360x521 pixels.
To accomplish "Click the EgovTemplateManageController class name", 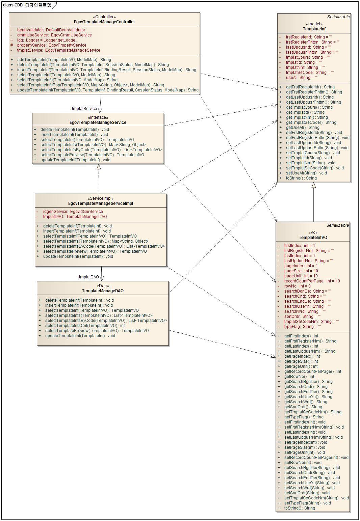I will [x=104, y=22].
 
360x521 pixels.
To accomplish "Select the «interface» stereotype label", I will [x=98, y=117].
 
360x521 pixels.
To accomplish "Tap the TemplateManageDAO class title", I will [x=103, y=291].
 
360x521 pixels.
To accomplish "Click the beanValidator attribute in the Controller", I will [x=51, y=30].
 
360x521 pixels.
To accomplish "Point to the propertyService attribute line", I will [x=51, y=45].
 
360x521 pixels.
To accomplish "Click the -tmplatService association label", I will [x=84, y=109].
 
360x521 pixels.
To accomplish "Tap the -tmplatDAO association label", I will [x=88, y=277].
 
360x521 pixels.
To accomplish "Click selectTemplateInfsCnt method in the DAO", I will [x=85, y=326].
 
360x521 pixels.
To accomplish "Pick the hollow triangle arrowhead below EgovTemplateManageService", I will [x=99, y=167].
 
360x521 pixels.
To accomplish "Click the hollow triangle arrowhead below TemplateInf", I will [x=313, y=185].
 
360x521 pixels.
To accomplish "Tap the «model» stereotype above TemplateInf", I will [x=314, y=24].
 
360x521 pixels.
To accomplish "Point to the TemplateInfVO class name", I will [x=313, y=238].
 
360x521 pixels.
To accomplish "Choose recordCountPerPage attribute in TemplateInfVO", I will [x=312, y=281].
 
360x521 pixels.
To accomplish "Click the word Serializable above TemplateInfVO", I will [x=337, y=225].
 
